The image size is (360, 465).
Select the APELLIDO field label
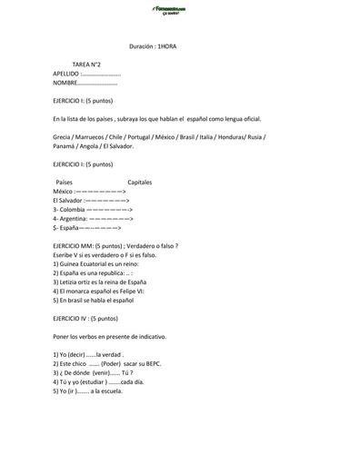[x=66, y=74]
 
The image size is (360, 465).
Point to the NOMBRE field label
[x=65, y=83]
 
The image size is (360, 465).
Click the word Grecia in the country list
[x=64, y=136]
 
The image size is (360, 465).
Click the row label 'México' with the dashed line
[x=63, y=192]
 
